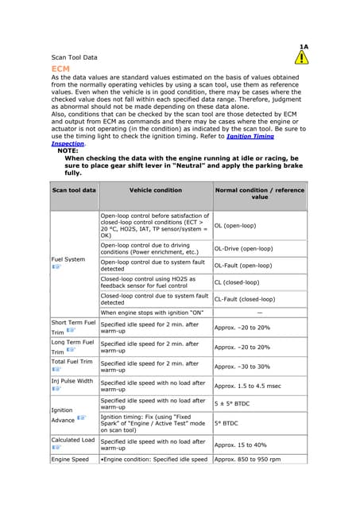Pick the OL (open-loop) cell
click(236, 226)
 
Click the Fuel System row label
click(68, 259)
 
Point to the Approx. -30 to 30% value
click(242, 367)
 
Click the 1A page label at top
click(304, 47)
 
